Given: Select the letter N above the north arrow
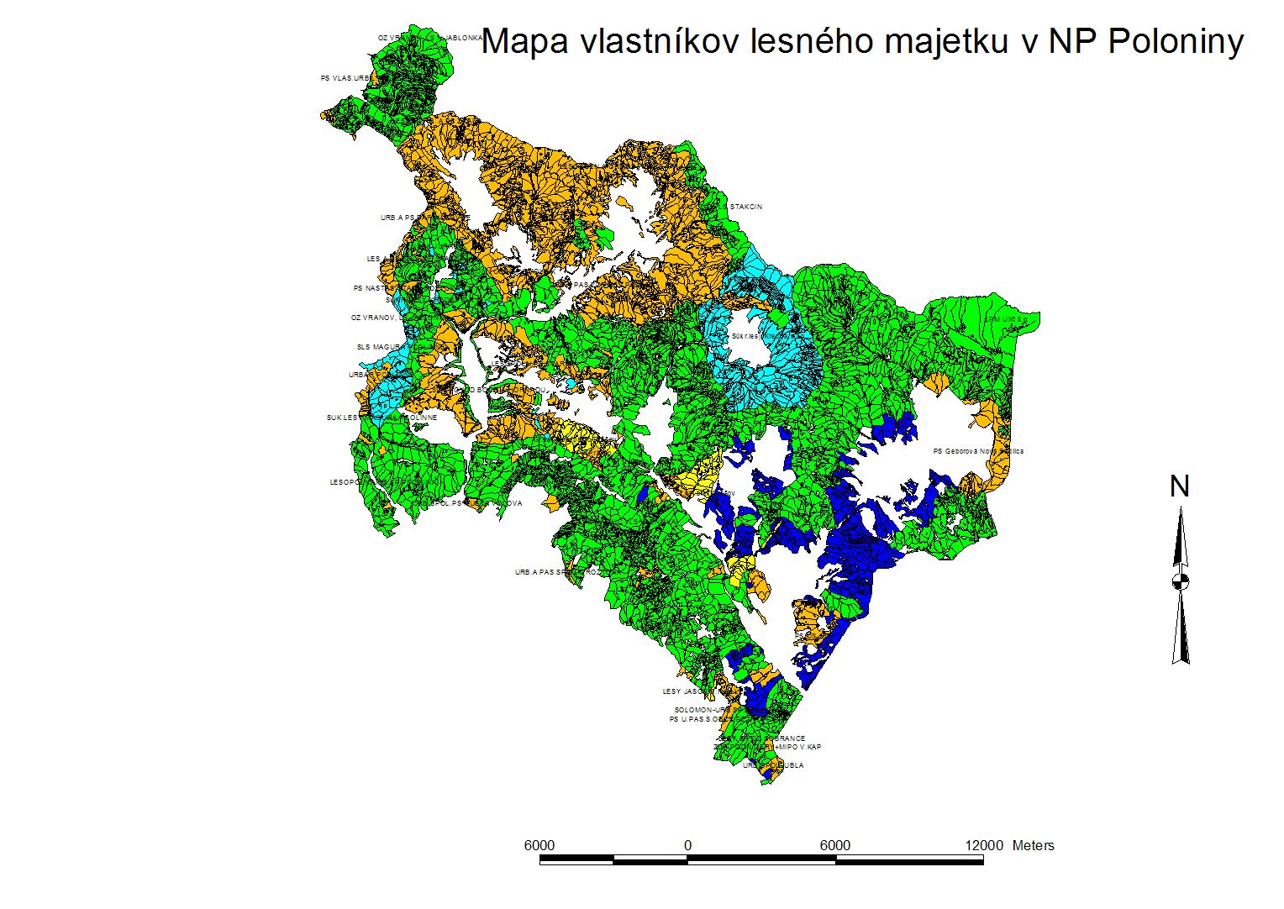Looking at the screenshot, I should (1180, 486).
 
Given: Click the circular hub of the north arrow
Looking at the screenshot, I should (1181, 581).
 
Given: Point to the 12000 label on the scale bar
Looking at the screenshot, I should (984, 845).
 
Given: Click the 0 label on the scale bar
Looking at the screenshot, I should (687, 845).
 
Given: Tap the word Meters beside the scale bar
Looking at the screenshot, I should (1033, 845).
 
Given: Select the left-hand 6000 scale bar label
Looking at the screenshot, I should (539, 845).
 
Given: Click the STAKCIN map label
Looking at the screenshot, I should (745, 207).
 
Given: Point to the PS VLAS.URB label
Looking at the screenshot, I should (345, 78).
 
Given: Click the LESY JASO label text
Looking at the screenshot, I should (681, 691).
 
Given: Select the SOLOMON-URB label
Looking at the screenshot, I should (698, 710).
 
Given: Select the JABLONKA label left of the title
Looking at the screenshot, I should (463, 38).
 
